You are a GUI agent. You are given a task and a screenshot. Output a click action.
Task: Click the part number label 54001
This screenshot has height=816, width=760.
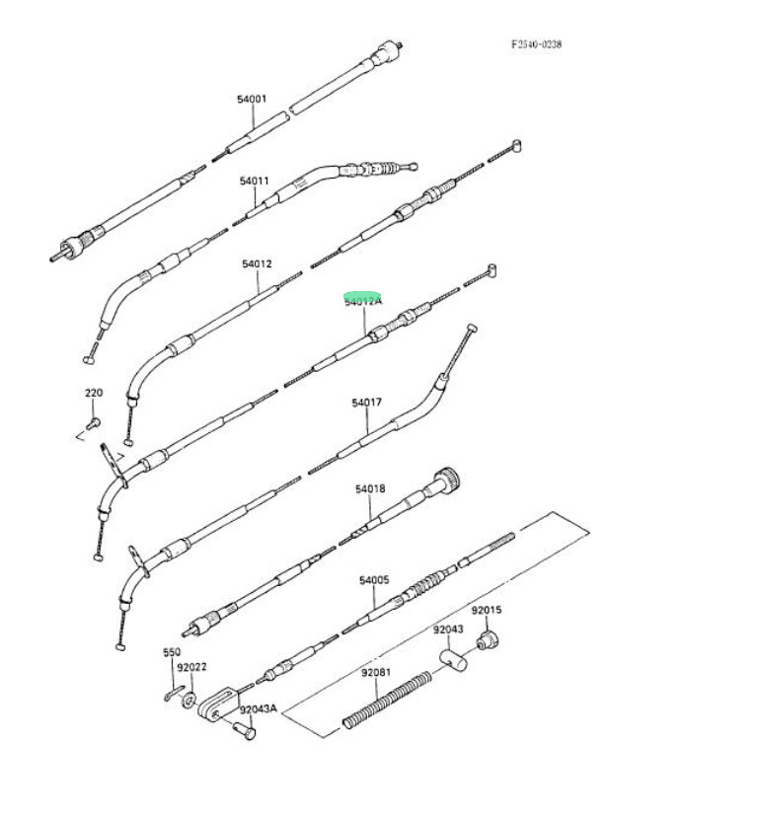251,100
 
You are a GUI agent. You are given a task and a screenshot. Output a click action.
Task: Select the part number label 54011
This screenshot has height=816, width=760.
254,181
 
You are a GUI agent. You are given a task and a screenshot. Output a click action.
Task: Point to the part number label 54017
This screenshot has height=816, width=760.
366,403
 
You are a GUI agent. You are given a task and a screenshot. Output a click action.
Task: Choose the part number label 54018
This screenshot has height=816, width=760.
370,489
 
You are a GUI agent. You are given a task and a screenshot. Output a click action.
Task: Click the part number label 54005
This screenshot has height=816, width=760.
374,580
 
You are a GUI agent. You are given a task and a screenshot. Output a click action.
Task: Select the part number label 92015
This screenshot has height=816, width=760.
486,610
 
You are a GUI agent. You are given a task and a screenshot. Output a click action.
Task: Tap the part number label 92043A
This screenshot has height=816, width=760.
258,708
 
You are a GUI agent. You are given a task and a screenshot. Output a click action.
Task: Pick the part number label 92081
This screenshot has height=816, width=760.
375,673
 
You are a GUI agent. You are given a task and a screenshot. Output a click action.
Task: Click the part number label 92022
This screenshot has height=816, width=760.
191,667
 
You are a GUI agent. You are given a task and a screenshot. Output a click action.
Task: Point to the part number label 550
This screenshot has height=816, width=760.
172,652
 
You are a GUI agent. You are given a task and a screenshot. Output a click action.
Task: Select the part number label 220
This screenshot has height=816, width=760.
93,393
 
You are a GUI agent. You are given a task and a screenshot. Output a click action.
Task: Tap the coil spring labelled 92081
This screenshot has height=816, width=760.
390,701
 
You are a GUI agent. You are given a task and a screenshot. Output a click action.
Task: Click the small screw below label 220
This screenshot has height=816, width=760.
92,423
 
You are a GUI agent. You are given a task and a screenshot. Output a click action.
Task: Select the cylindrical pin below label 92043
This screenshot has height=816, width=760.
452,658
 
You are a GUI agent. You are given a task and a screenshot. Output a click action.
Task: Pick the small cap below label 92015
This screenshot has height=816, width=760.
486,642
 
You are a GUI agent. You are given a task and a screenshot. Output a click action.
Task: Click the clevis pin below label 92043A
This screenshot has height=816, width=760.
244,731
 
